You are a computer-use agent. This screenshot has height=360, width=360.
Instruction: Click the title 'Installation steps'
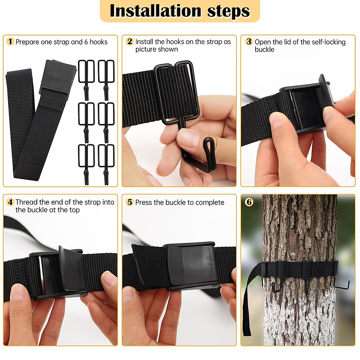180,11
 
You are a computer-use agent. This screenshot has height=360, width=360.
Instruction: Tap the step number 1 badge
10,41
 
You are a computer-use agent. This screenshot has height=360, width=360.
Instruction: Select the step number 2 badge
130,41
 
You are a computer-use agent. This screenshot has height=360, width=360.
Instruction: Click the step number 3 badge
249,41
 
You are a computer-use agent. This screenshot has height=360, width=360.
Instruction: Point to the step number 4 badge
10,202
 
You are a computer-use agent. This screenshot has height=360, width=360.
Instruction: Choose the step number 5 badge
130,202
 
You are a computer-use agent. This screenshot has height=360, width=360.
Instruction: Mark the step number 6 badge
249,202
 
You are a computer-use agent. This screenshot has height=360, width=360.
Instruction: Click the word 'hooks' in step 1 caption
98,42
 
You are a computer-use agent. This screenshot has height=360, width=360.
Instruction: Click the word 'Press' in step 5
143,202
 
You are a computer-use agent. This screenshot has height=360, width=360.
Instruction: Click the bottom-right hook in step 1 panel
106,163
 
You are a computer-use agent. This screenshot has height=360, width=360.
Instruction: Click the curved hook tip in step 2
208,147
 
